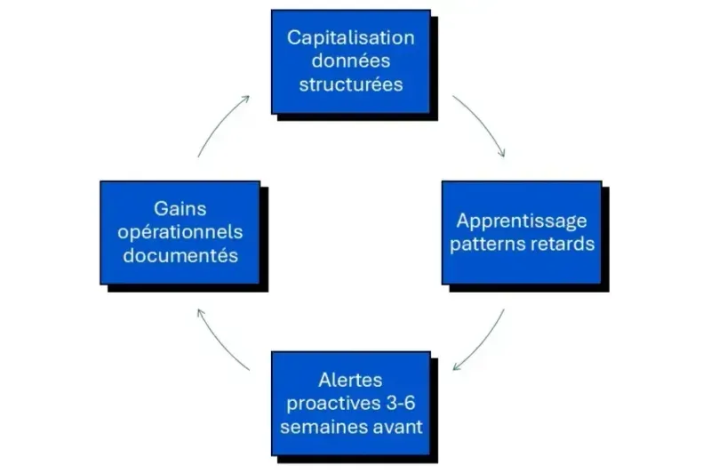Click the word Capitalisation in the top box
click(x=350, y=38)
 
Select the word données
click(x=350, y=62)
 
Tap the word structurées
click(x=350, y=85)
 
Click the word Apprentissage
click(x=522, y=221)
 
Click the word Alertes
click(x=350, y=380)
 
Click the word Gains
click(x=180, y=209)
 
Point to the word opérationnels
click(x=180, y=232)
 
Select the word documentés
click(x=180, y=255)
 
